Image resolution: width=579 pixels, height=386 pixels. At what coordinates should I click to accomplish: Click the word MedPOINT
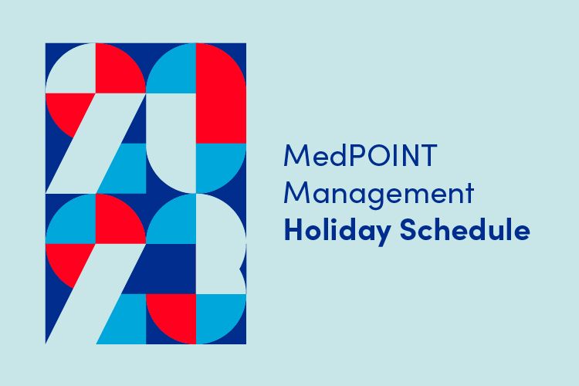(361, 155)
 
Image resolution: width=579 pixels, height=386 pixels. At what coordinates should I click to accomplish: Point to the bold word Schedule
(465, 229)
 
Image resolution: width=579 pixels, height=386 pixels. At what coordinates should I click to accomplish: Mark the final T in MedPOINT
(428, 155)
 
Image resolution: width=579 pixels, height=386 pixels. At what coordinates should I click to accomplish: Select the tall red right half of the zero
(221, 93)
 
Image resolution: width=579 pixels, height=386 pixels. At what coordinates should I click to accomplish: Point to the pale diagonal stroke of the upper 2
(96, 143)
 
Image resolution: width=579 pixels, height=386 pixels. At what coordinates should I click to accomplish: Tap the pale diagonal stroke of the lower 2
(96, 293)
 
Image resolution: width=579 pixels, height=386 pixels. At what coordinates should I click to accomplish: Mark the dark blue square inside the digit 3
(171, 269)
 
